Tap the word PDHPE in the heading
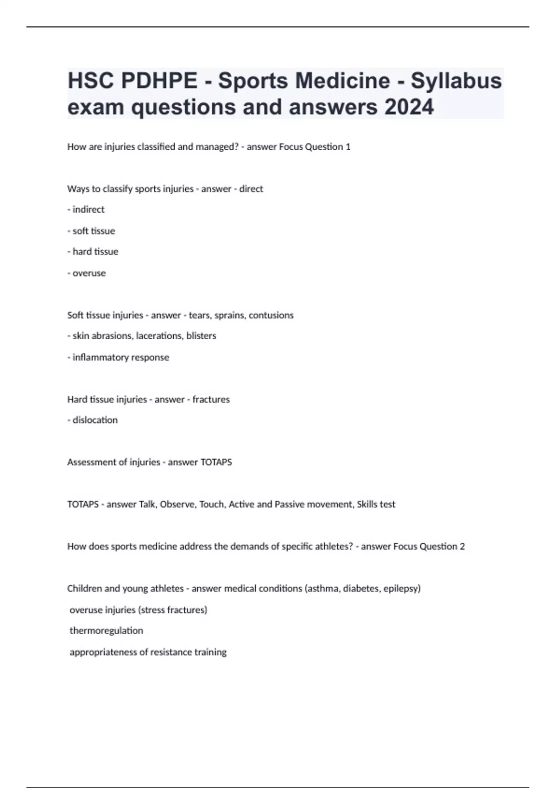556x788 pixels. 159,81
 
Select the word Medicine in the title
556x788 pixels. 343,81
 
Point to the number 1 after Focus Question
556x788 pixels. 348,147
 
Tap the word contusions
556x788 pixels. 271,315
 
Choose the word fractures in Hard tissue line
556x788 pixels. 211,399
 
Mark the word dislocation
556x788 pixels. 95,420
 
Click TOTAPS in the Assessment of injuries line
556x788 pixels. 216,462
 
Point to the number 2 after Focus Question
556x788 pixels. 462,547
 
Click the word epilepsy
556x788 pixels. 401,589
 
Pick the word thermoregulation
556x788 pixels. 106,631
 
